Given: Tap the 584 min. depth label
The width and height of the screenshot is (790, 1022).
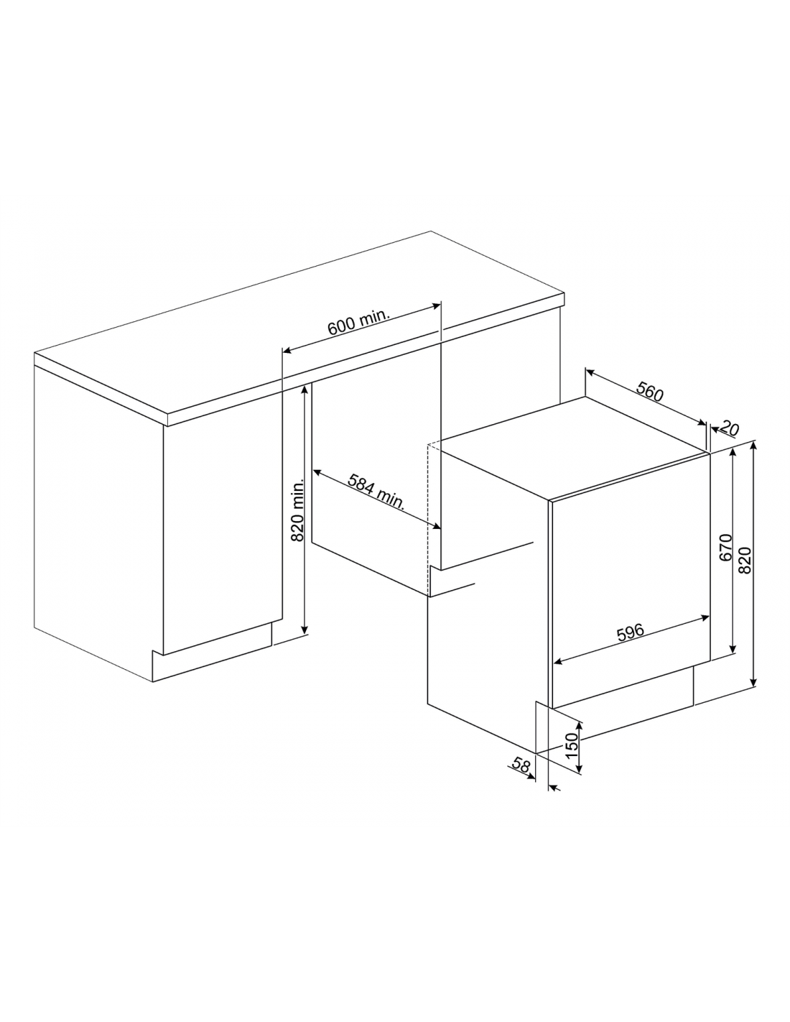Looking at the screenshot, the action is tap(376, 492).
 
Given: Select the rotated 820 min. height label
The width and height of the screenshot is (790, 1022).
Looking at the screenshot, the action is tap(297, 511).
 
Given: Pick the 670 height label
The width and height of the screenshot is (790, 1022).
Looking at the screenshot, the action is tap(726, 548).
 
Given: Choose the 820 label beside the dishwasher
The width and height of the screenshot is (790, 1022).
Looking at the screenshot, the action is tap(745, 560).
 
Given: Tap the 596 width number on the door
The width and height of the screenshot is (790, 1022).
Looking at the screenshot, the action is tap(631, 633).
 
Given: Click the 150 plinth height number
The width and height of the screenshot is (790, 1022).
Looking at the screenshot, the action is tap(570, 744).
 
